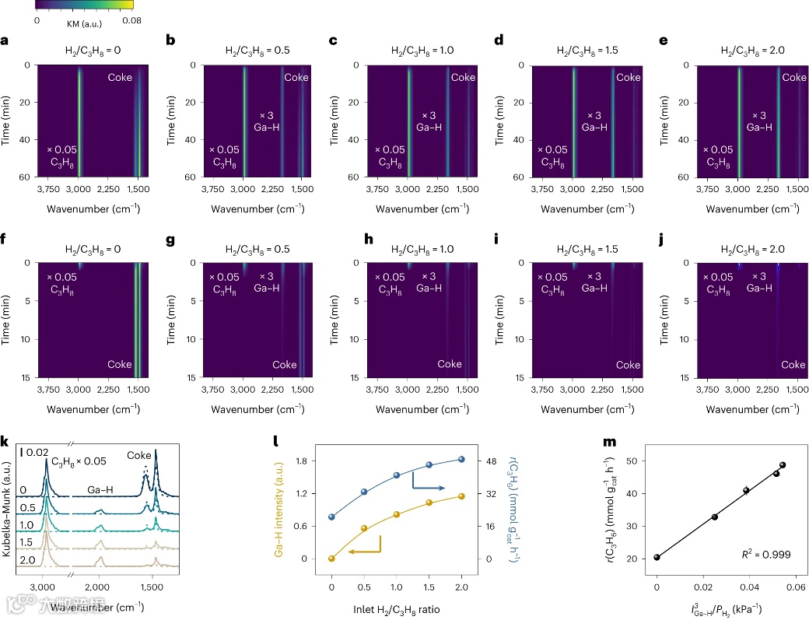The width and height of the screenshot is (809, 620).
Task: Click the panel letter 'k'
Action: [5, 442]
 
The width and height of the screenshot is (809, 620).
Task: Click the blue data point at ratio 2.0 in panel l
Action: [461, 459]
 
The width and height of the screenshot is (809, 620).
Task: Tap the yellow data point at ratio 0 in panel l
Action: [332, 558]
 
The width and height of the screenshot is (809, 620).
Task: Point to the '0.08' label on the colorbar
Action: [133, 18]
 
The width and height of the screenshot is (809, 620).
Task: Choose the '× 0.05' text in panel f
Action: [61, 277]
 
